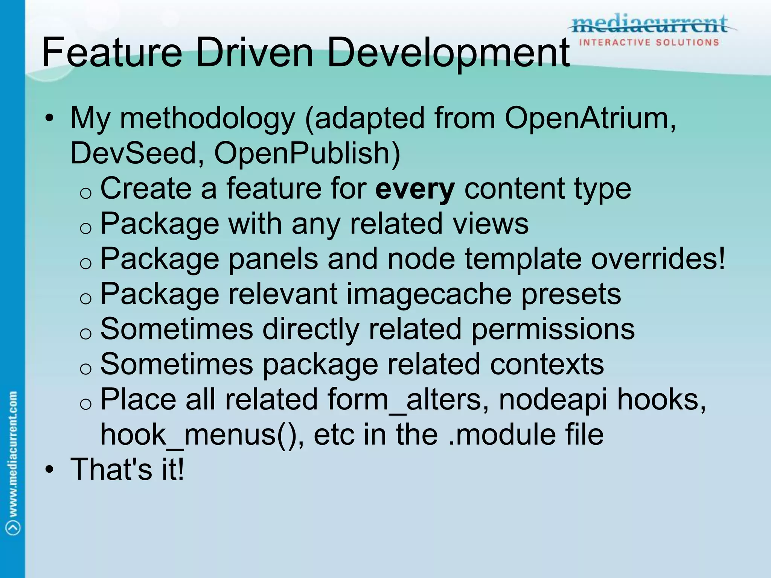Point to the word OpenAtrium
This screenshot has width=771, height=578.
click(587, 119)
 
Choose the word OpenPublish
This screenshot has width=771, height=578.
click(307, 153)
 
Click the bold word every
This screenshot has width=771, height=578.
click(415, 189)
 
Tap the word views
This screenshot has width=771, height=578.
click(491, 224)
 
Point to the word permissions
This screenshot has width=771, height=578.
click(553, 329)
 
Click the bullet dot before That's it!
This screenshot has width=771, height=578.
click(49, 470)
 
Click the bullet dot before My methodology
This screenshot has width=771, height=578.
click(49, 119)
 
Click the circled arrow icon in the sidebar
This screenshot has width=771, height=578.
click(13, 527)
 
